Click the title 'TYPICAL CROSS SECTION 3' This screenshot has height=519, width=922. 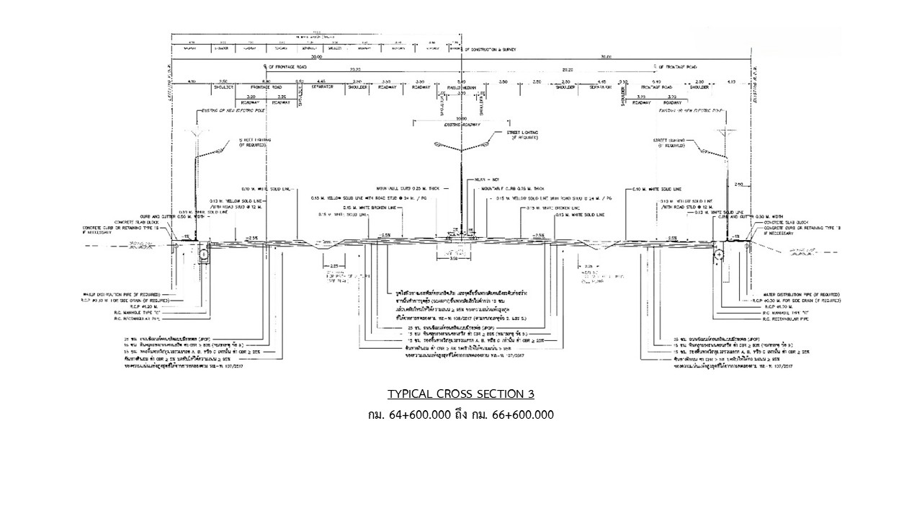coord(461,394)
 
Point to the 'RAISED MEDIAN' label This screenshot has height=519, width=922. coord(461,86)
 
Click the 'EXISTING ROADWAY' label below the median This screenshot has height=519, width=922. coord(461,125)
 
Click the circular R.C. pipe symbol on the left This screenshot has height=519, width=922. coord(204,254)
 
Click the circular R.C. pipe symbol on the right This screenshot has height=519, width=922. coord(720,254)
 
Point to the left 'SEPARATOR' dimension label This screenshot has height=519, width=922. coord(322,86)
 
